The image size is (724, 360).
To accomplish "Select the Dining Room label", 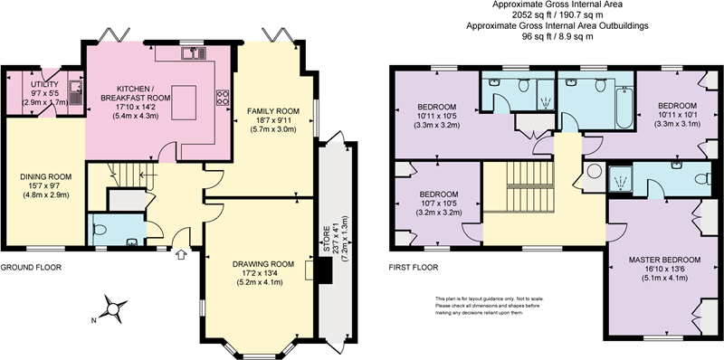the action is [x=46, y=176].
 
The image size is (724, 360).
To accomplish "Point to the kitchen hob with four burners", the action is [x=222, y=98].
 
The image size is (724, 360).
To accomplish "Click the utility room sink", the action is [x=76, y=92].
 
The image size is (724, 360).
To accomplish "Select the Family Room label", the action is [x=273, y=111].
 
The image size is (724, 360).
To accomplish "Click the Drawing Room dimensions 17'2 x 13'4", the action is [x=263, y=273].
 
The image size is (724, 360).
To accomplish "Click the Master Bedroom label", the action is [x=664, y=260].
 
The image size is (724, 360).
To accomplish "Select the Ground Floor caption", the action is [x=31, y=267].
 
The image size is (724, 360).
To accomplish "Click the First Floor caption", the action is [x=414, y=267].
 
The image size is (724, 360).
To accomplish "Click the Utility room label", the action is [x=44, y=84].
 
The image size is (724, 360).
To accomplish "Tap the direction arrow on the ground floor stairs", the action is [x=148, y=175].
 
